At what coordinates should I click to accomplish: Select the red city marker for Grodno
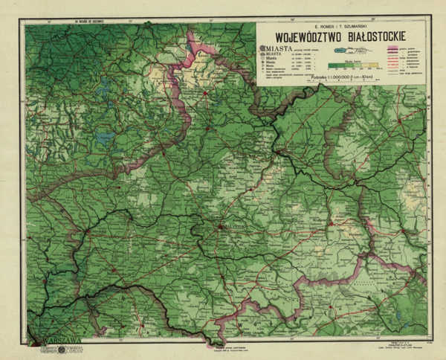click(282, 153)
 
